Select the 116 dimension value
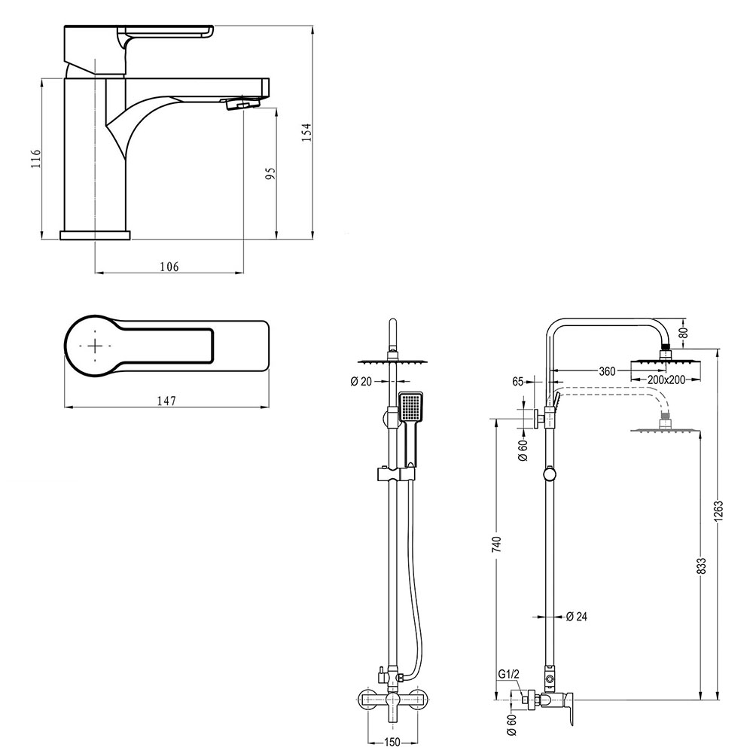[35, 159]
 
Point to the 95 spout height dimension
[271, 173]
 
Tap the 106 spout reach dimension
[169, 267]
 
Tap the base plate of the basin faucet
[95, 234]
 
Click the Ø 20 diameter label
[361, 381]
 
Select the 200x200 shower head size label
[666, 380]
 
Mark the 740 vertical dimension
[495, 544]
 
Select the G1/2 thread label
[508, 675]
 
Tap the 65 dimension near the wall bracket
[518, 382]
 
